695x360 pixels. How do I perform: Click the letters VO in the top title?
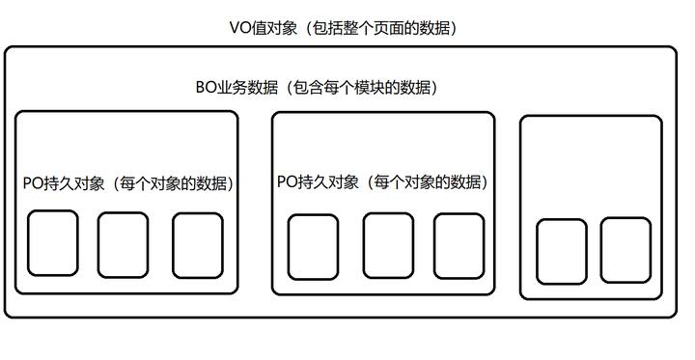click(x=239, y=28)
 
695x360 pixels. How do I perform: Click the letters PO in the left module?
click(x=32, y=182)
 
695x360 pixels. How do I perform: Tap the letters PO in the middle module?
click(x=287, y=181)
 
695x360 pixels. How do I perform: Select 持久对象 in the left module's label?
click(x=72, y=182)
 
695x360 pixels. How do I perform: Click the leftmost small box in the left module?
click(x=52, y=243)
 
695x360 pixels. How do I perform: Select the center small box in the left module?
click(x=124, y=243)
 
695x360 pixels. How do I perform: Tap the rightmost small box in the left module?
click(x=198, y=243)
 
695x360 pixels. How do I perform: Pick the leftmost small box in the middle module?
click(x=314, y=245)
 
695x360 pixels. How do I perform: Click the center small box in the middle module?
click(x=388, y=244)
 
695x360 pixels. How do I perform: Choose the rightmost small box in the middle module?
click(x=458, y=244)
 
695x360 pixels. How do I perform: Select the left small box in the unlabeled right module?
click(x=561, y=251)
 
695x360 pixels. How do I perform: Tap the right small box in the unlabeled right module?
click(x=625, y=249)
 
